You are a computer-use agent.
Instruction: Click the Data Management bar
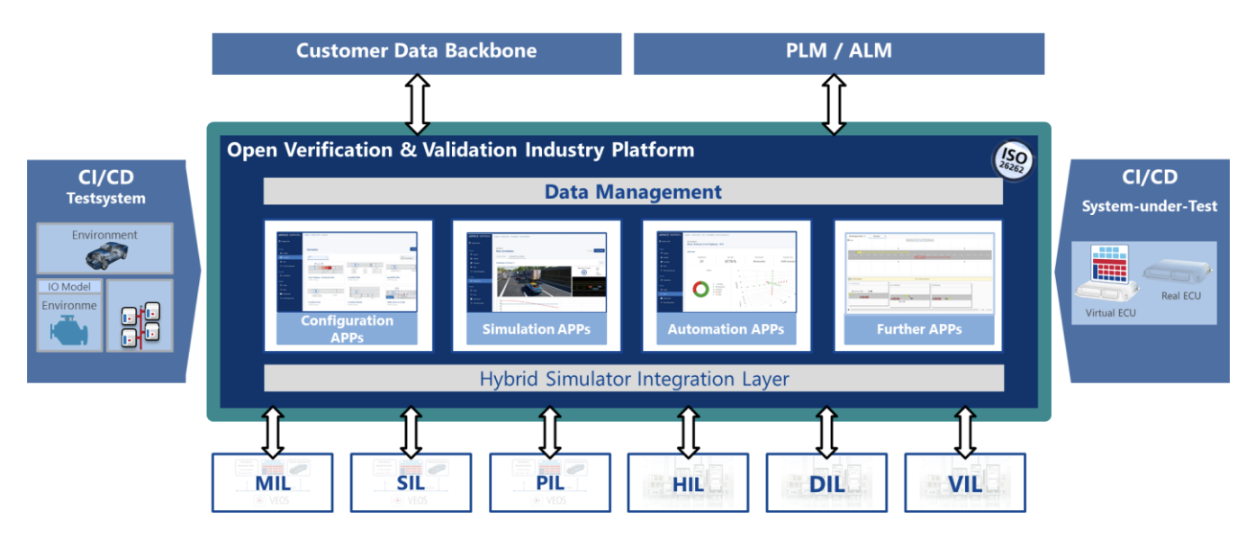pyautogui.click(x=632, y=192)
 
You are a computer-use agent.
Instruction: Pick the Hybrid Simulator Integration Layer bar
pyautogui.click(x=634, y=379)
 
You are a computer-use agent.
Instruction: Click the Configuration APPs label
pyautogui.click(x=348, y=329)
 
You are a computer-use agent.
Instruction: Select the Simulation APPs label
pyautogui.click(x=536, y=329)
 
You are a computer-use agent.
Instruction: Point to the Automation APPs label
pyautogui.click(x=726, y=329)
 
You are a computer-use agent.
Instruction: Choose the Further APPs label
pyautogui.click(x=918, y=329)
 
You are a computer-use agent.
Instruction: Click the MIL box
pyautogui.click(x=272, y=483)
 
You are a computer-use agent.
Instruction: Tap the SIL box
pyautogui.click(x=411, y=483)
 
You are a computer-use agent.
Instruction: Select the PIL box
pyautogui.click(x=549, y=483)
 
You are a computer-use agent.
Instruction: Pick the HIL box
pyautogui.click(x=688, y=483)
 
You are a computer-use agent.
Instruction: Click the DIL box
pyautogui.click(x=826, y=483)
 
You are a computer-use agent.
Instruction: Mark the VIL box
pyautogui.click(x=965, y=483)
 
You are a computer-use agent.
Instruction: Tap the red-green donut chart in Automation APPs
pyautogui.click(x=700, y=291)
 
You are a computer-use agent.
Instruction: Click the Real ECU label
pyautogui.click(x=1180, y=295)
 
